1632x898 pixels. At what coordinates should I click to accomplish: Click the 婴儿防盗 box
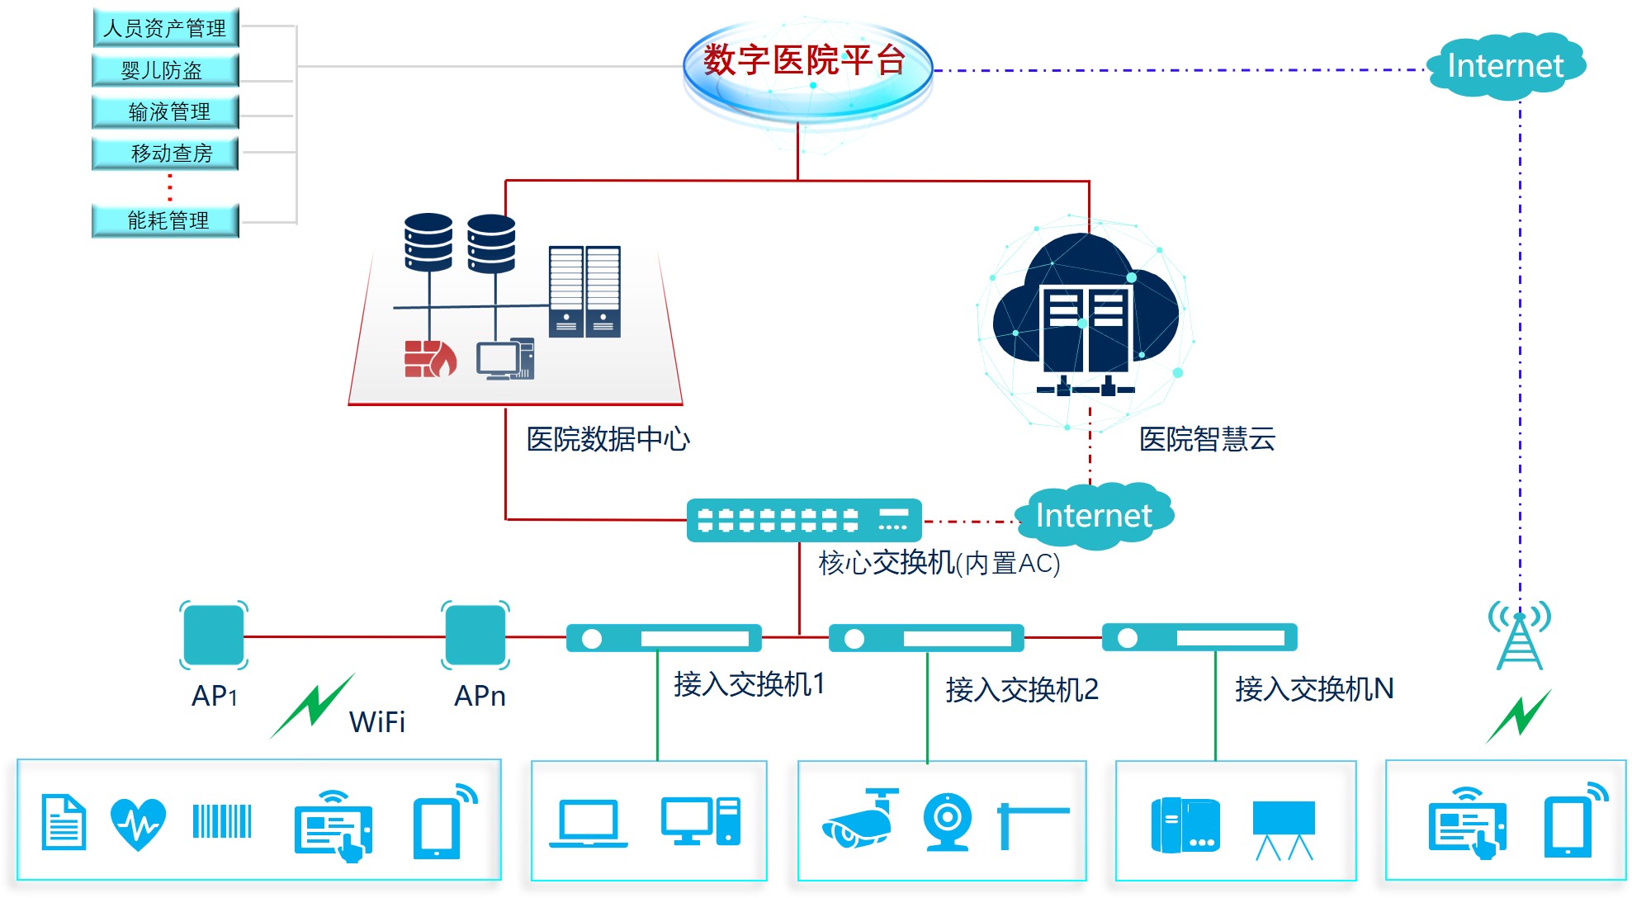(x=165, y=70)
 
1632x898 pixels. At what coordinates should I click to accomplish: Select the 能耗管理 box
(x=165, y=220)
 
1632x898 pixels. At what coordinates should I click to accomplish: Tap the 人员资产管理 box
(x=165, y=28)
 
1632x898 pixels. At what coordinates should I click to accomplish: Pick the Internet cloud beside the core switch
(x=1094, y=516)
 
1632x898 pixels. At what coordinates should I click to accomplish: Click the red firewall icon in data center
(x=429, y=359)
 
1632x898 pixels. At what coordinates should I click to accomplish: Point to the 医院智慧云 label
(x=1207, y=439)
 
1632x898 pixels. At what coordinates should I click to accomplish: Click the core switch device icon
(x=804, y=520)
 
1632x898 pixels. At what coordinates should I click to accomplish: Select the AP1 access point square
(x=214, y=635)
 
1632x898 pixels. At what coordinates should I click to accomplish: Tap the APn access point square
(x=475, y=635)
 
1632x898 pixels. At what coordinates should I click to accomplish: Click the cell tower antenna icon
(x=1519, y=636)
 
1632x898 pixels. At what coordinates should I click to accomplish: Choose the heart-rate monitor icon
(x=138, y=823)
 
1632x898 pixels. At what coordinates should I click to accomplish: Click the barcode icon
(x=222, y=821)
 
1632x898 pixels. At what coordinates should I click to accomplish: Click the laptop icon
(x=589, y=824)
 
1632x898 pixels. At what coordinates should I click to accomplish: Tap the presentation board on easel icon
(x=1284, y=828)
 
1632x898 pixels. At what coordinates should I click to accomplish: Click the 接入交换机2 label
(x=1022, y=689)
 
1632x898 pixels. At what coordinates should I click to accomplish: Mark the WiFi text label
(x=377, y=722)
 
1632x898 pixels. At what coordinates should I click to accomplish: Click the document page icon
(x=64, y=822)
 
